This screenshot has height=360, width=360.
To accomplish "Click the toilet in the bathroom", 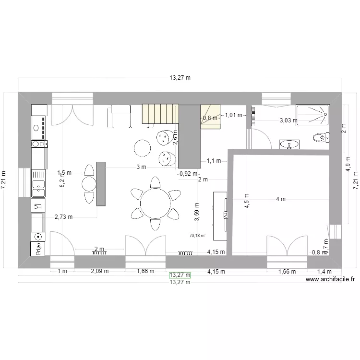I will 320,139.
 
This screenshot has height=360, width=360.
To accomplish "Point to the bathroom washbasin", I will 288,144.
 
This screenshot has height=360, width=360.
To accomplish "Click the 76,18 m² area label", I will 198,236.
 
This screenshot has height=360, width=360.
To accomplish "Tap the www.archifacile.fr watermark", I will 330,279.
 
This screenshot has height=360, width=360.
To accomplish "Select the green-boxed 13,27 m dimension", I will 180,275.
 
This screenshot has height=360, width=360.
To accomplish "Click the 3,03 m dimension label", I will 288,121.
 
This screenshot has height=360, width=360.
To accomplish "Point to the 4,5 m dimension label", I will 247,199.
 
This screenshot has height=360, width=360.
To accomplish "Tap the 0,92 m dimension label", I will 188,173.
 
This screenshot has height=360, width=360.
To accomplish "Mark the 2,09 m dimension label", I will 100,271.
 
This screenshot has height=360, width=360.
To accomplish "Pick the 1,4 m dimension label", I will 321,271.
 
